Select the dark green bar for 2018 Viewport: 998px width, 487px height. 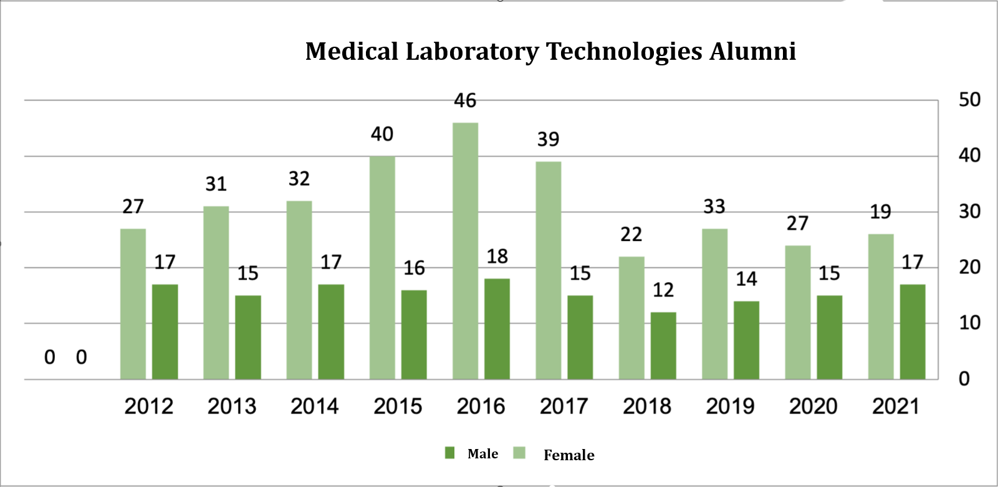[663, 346]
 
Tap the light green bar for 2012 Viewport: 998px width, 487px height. [133, 304]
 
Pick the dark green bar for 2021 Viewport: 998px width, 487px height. [913, 332]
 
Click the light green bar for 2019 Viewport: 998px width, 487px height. [714, 304]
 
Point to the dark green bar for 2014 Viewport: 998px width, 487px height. [331, 332]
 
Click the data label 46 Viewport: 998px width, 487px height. [465, 101]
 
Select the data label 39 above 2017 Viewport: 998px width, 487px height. [549, 139]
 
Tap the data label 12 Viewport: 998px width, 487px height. [663, 290]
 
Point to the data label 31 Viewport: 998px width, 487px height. [216, 184]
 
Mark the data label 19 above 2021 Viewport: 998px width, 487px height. [881, 212]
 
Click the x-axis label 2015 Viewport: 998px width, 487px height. [398, 407]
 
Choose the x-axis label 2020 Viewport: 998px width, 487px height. [813, 407]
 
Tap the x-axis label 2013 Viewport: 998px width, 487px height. [232, 407]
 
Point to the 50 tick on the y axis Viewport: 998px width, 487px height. [969, 100]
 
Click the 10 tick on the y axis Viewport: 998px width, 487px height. [969, 323]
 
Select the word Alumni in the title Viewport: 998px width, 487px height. [752, 52]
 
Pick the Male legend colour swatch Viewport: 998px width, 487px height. [449, 453]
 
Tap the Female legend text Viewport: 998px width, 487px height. [569, 455]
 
